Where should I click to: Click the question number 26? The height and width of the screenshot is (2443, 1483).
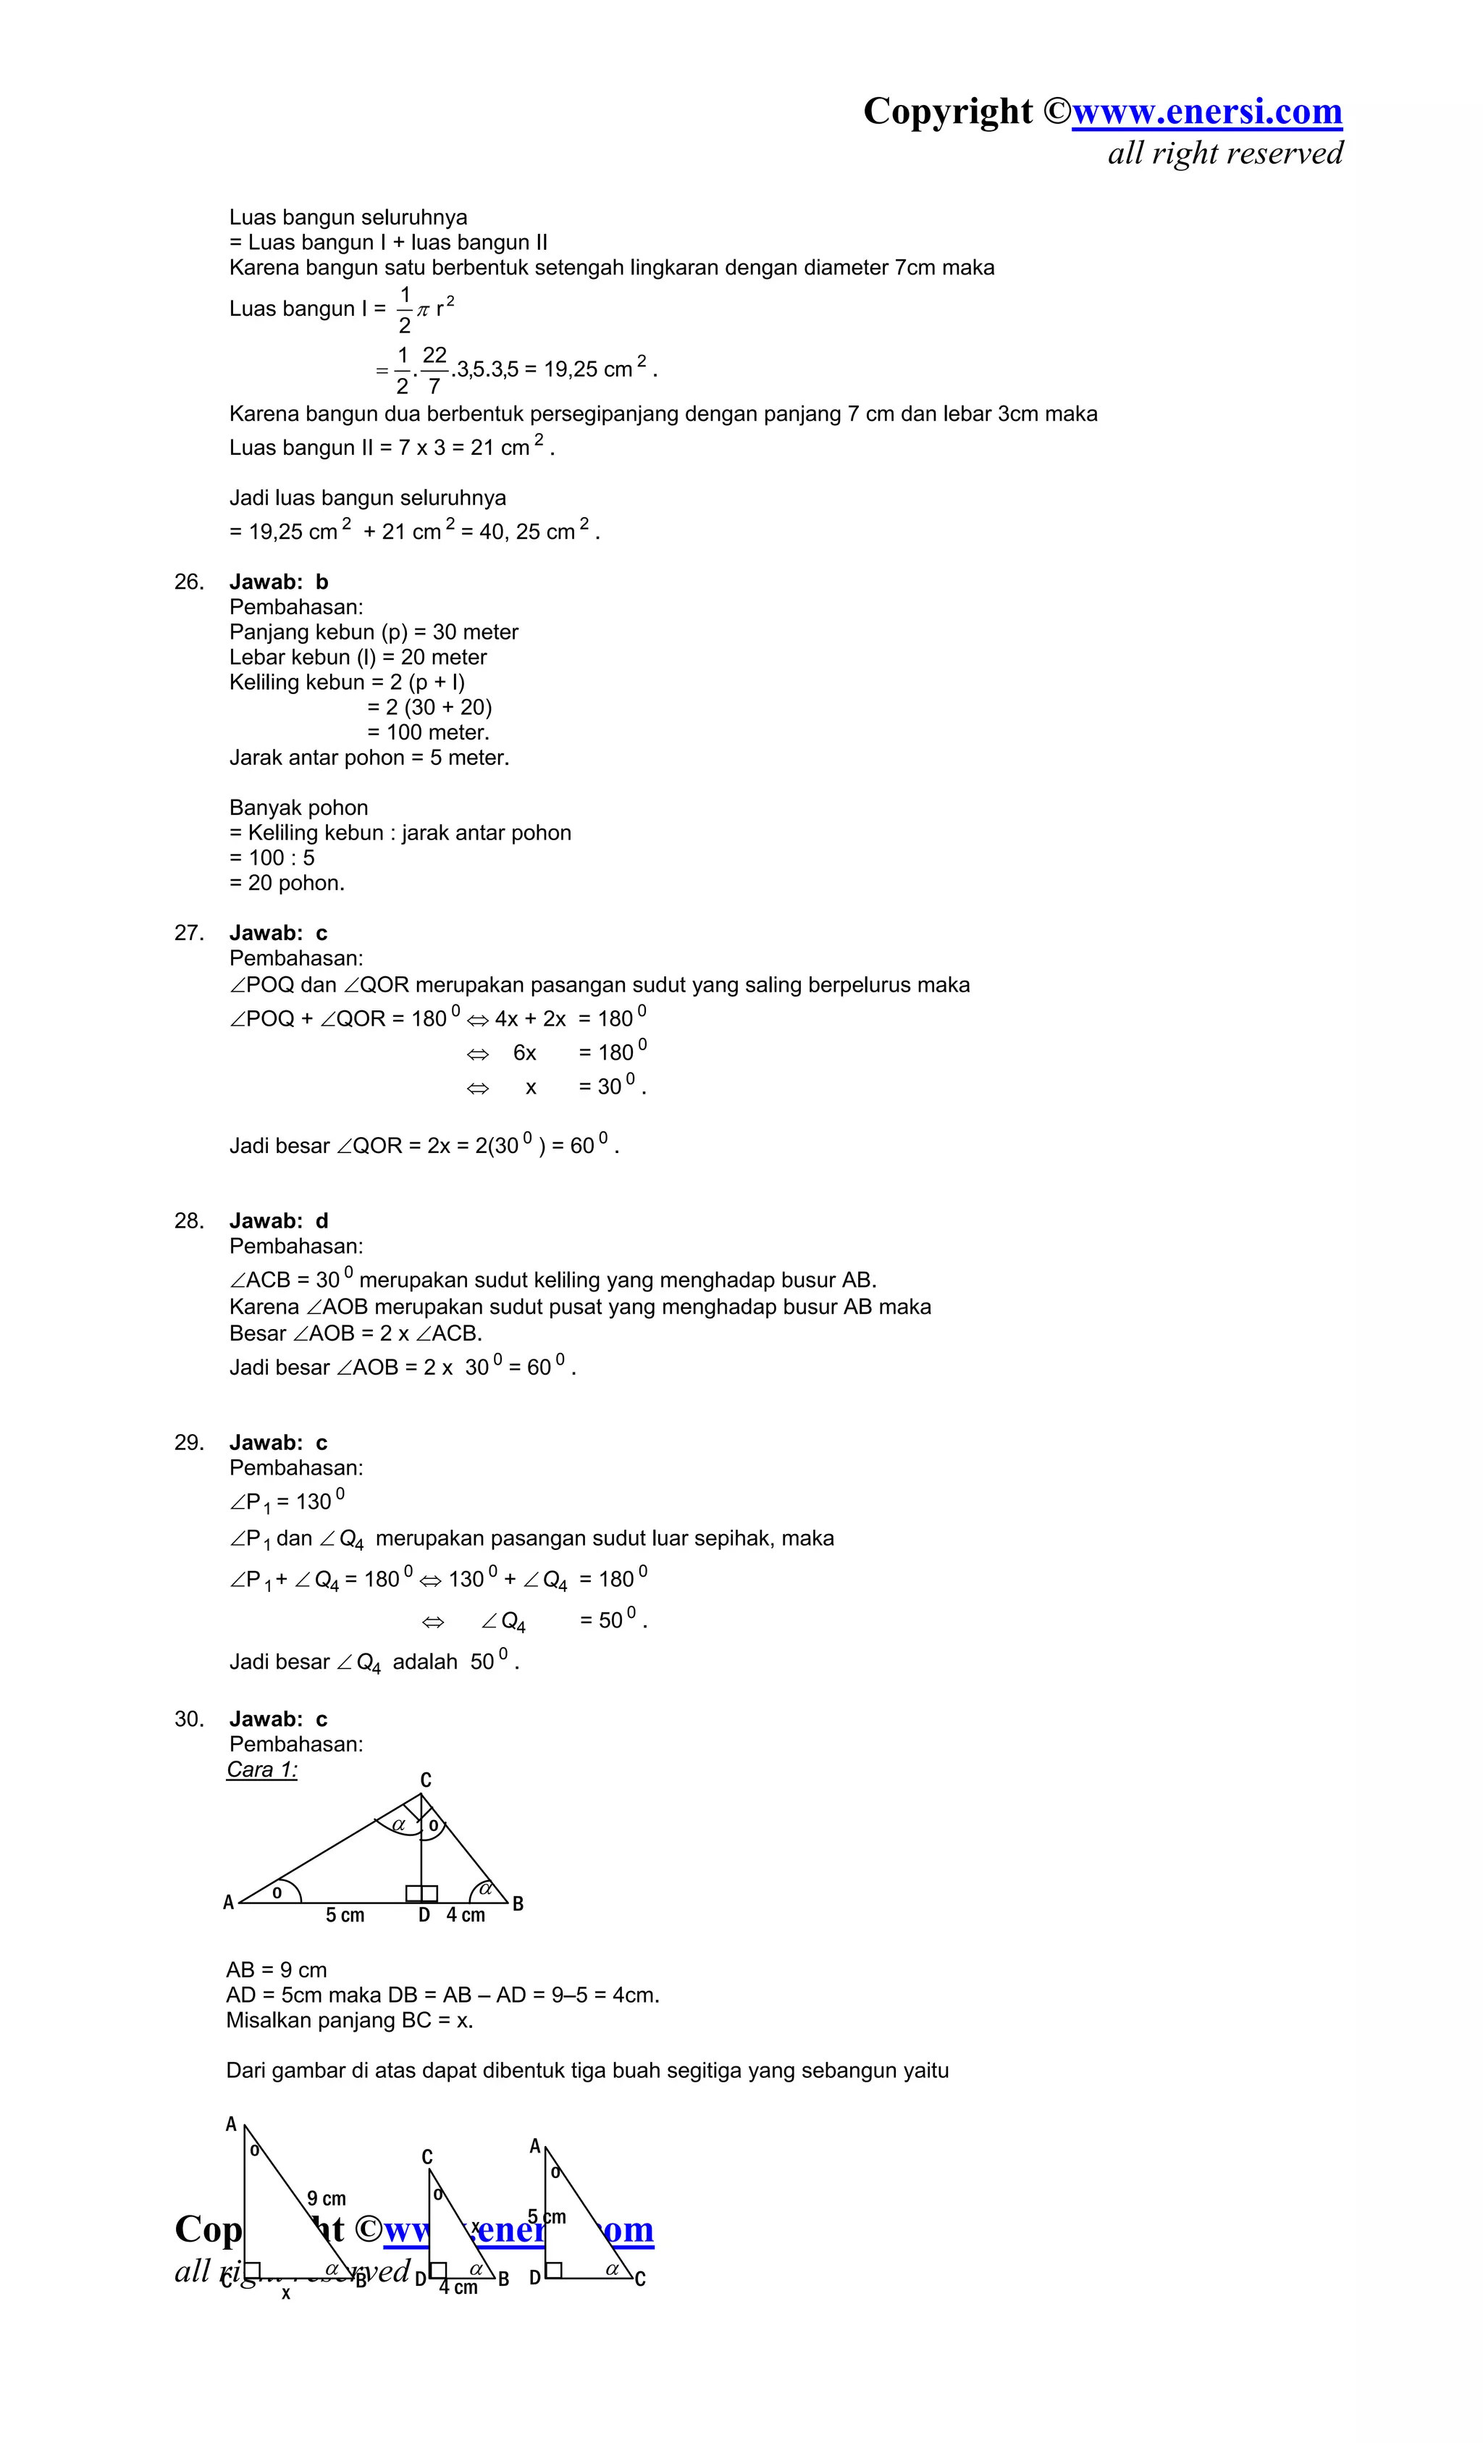(188, 582)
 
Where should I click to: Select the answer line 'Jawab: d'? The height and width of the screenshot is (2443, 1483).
(279, 1220)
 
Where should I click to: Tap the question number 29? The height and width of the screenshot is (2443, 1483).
(188, 1443)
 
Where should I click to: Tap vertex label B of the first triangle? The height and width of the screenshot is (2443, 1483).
(518, 1903)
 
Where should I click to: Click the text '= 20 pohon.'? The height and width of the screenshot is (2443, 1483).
(287, 882)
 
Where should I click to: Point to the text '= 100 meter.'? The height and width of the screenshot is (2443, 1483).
(428, 733)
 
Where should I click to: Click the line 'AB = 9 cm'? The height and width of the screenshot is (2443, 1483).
(277, 1970)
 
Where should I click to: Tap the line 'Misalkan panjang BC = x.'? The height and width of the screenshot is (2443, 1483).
(350, 2019)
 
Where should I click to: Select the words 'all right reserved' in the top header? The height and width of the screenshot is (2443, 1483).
(1225, 154)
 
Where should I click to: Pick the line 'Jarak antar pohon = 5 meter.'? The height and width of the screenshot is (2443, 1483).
(369, 758)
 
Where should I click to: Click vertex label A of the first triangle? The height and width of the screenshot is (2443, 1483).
(229, 1903)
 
